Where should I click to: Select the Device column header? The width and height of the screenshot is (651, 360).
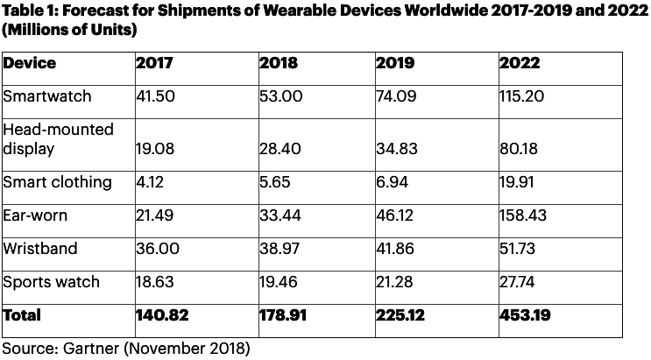(x=30, y=63)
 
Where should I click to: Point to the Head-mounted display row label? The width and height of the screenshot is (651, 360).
(x=59, y=138)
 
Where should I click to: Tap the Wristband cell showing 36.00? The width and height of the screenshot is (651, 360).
(x=158, y=249)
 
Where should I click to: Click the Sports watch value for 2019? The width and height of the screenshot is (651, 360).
(x=394, y=282)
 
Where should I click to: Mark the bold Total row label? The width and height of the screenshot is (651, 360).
(x=23, y=314)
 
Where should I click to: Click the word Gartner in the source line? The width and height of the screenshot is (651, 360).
(x=93, y=349)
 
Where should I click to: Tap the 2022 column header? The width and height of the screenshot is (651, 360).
(x=519, y=63)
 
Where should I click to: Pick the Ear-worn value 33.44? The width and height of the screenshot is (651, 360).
(x=279, y=215)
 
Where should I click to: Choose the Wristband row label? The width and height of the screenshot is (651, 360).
(x=40, y=249)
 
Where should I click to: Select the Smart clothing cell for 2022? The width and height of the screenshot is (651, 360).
(x=519, y=182)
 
